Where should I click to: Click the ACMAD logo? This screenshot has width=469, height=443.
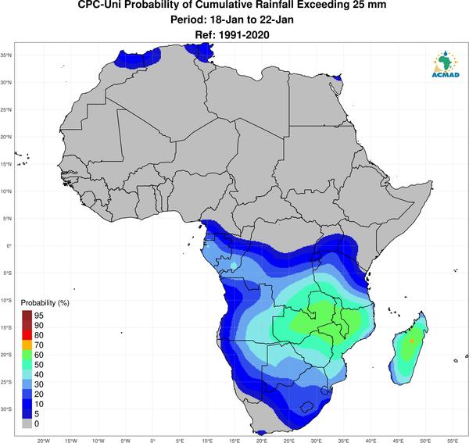point(446,64)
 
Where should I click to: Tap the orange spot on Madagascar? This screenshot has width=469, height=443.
point(412,341)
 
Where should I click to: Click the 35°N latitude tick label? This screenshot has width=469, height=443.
point(6,55)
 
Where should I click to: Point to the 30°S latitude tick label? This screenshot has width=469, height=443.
point(6,409)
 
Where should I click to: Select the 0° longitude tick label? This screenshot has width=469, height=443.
point(152,441)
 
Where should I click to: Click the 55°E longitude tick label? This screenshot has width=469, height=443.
point(453,441)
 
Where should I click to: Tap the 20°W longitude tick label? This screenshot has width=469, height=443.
point(44,441)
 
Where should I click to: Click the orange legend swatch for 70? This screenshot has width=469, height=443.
point(27,345)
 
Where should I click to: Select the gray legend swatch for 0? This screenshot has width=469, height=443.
point(27,424)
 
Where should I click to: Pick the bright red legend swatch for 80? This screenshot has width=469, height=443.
point(27,335)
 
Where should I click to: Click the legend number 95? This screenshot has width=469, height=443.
point(39,316)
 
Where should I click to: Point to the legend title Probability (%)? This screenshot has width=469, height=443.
point(45,303)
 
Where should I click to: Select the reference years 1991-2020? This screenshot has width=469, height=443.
point(244,35)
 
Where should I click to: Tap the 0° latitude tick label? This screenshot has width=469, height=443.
point(8,246)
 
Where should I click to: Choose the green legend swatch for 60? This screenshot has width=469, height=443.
point(27,355)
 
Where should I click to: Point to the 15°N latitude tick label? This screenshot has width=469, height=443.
point(6,164)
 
